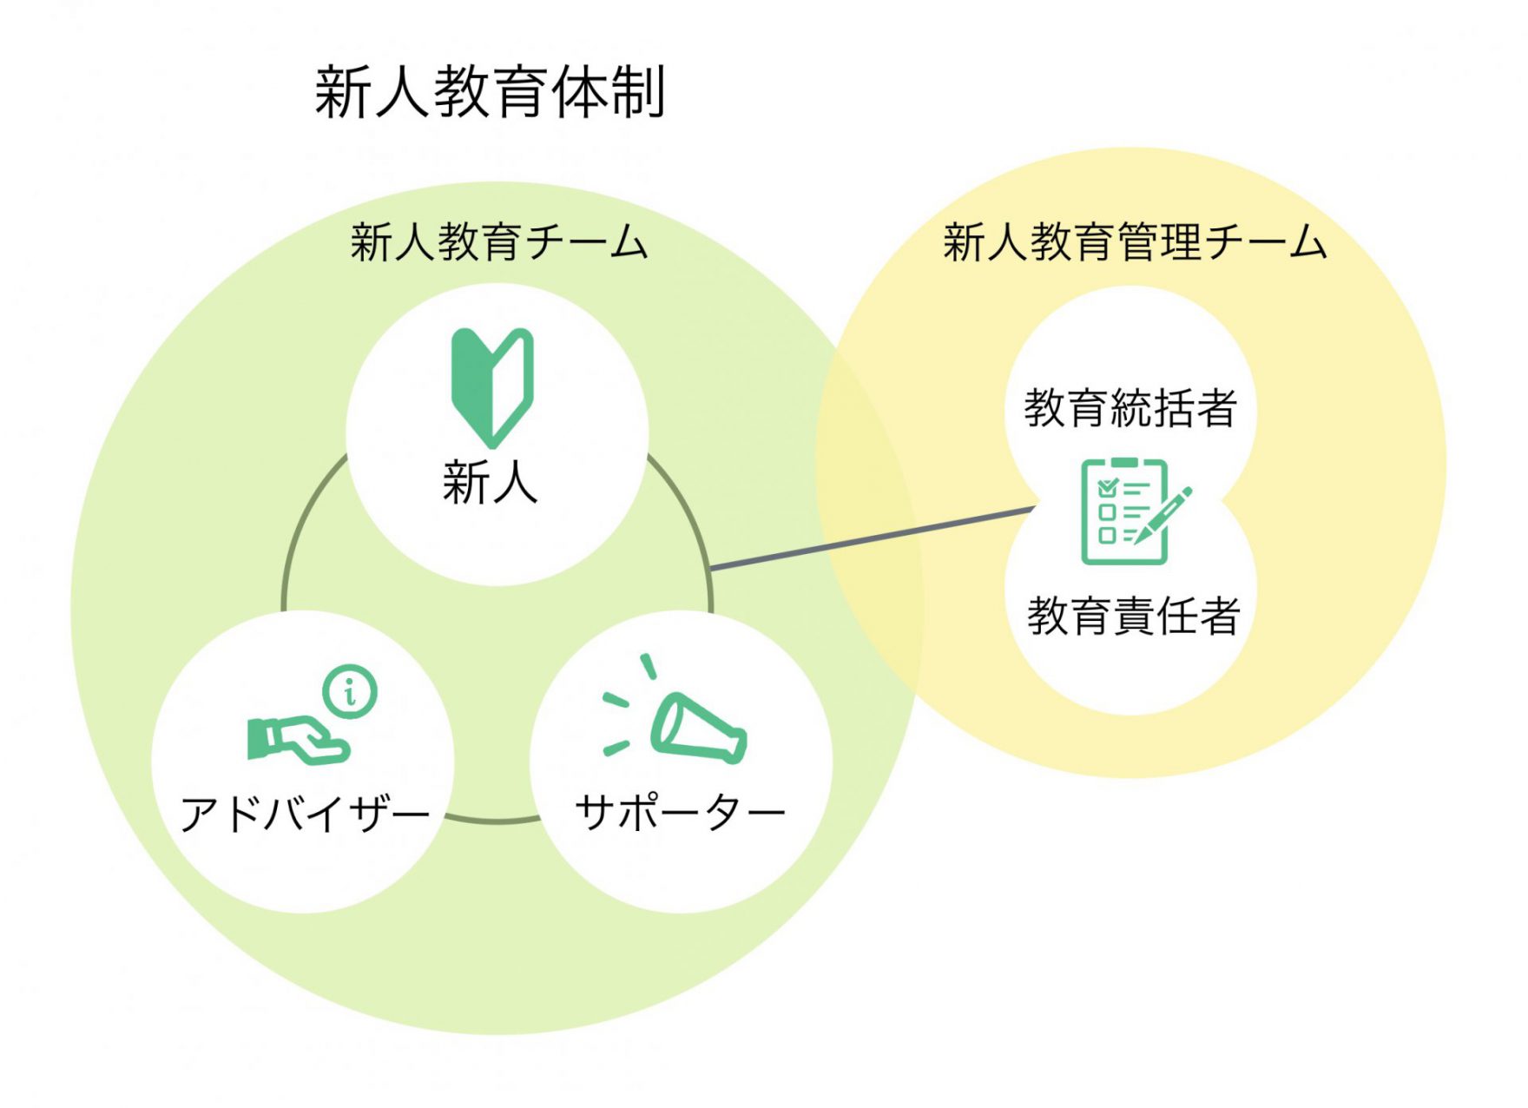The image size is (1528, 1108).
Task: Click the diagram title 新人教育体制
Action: pyautogui.click(x=490, y=92)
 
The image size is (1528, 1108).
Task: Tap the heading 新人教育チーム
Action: pyautogui.click(x=499, y=241)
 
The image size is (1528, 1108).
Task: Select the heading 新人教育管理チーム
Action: pyautogui.click(x=1135, y=241)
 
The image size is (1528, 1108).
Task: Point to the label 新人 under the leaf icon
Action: pyautogui.click(x=491, y=483)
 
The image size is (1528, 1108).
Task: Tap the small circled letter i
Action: pyautogui.click(x=350, y=691)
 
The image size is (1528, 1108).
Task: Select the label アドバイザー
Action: pyautogui.click(x=305, y=813)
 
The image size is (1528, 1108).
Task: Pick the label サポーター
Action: pyautogui.click(x=681, y=813)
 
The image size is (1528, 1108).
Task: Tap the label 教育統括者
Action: pyautogui.click(x=1130, y=408)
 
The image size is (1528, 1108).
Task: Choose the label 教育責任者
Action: pyautogui.click(x=1133, y=616)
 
